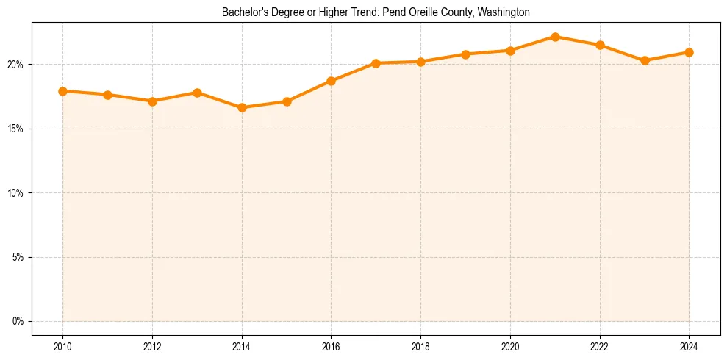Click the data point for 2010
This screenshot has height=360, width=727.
point(63,91)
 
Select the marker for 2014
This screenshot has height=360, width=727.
point(242,107)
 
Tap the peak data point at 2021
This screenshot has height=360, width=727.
point(555,37)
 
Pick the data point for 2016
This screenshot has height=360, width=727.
point(332,81)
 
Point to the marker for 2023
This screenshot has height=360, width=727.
point(645,60)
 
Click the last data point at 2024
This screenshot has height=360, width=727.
point(689,52)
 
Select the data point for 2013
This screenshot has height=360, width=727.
point(197,93)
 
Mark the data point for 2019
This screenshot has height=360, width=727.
point(465,54)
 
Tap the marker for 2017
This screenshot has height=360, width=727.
point(376,63)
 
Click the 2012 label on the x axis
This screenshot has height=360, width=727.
point(152,346)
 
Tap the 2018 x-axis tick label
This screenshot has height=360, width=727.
point(420,346)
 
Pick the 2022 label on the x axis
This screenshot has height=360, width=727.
point(600,346)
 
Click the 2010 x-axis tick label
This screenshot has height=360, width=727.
point(63,346)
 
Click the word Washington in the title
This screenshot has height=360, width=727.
point(504,12)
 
